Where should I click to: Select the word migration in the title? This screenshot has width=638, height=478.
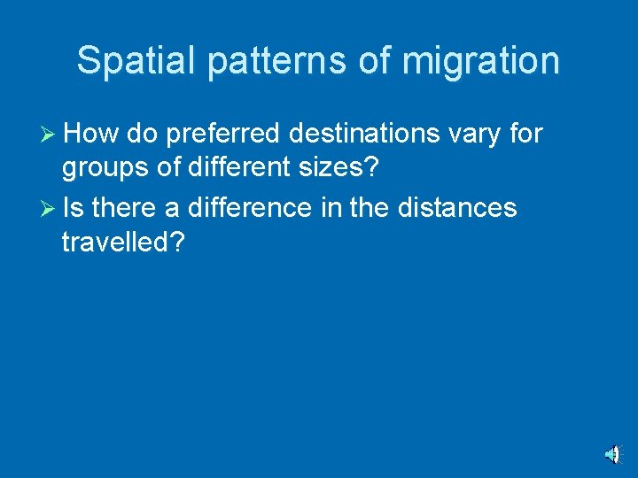pyautogui.click(x=480, y=61)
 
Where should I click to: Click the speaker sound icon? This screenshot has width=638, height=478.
pyautogui.click(x=612, y=454)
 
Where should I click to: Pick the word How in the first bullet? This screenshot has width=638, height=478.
pyautogui.click(x=91, y=134)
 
